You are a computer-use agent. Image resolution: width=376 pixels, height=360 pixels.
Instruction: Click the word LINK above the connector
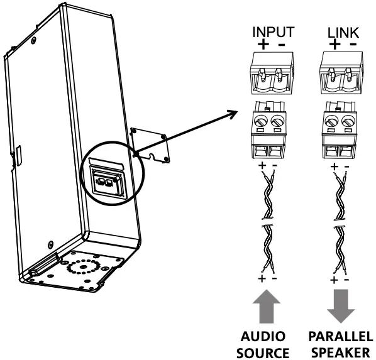tap(341, 31)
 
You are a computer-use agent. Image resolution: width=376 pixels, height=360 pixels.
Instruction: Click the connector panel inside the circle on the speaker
tap(105, 183)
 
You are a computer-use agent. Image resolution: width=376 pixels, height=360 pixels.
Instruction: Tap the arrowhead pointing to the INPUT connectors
tap(233, 114)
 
